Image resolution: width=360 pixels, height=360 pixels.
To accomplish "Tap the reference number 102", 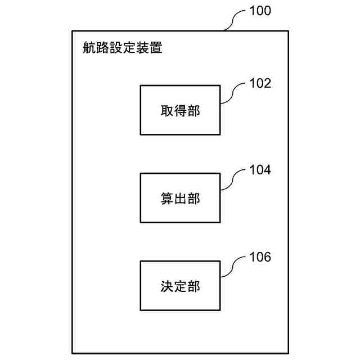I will pos(260,84).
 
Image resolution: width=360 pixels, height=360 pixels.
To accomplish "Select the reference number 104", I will pos(260,170).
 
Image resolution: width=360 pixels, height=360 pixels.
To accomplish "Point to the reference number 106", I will pos(260,258).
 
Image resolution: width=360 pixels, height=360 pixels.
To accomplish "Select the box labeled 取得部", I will pos(180,110).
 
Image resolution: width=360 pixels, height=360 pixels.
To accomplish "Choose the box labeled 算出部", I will pos(180,198).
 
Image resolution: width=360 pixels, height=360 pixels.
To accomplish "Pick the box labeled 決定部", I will pos(180,286).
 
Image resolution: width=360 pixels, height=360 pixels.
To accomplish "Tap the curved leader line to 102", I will pos(231,93).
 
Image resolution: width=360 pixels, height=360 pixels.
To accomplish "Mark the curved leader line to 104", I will pos(231,181).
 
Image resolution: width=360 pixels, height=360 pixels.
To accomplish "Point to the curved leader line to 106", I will pos(231,268).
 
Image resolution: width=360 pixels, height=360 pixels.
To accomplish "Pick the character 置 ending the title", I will pos(156,48).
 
